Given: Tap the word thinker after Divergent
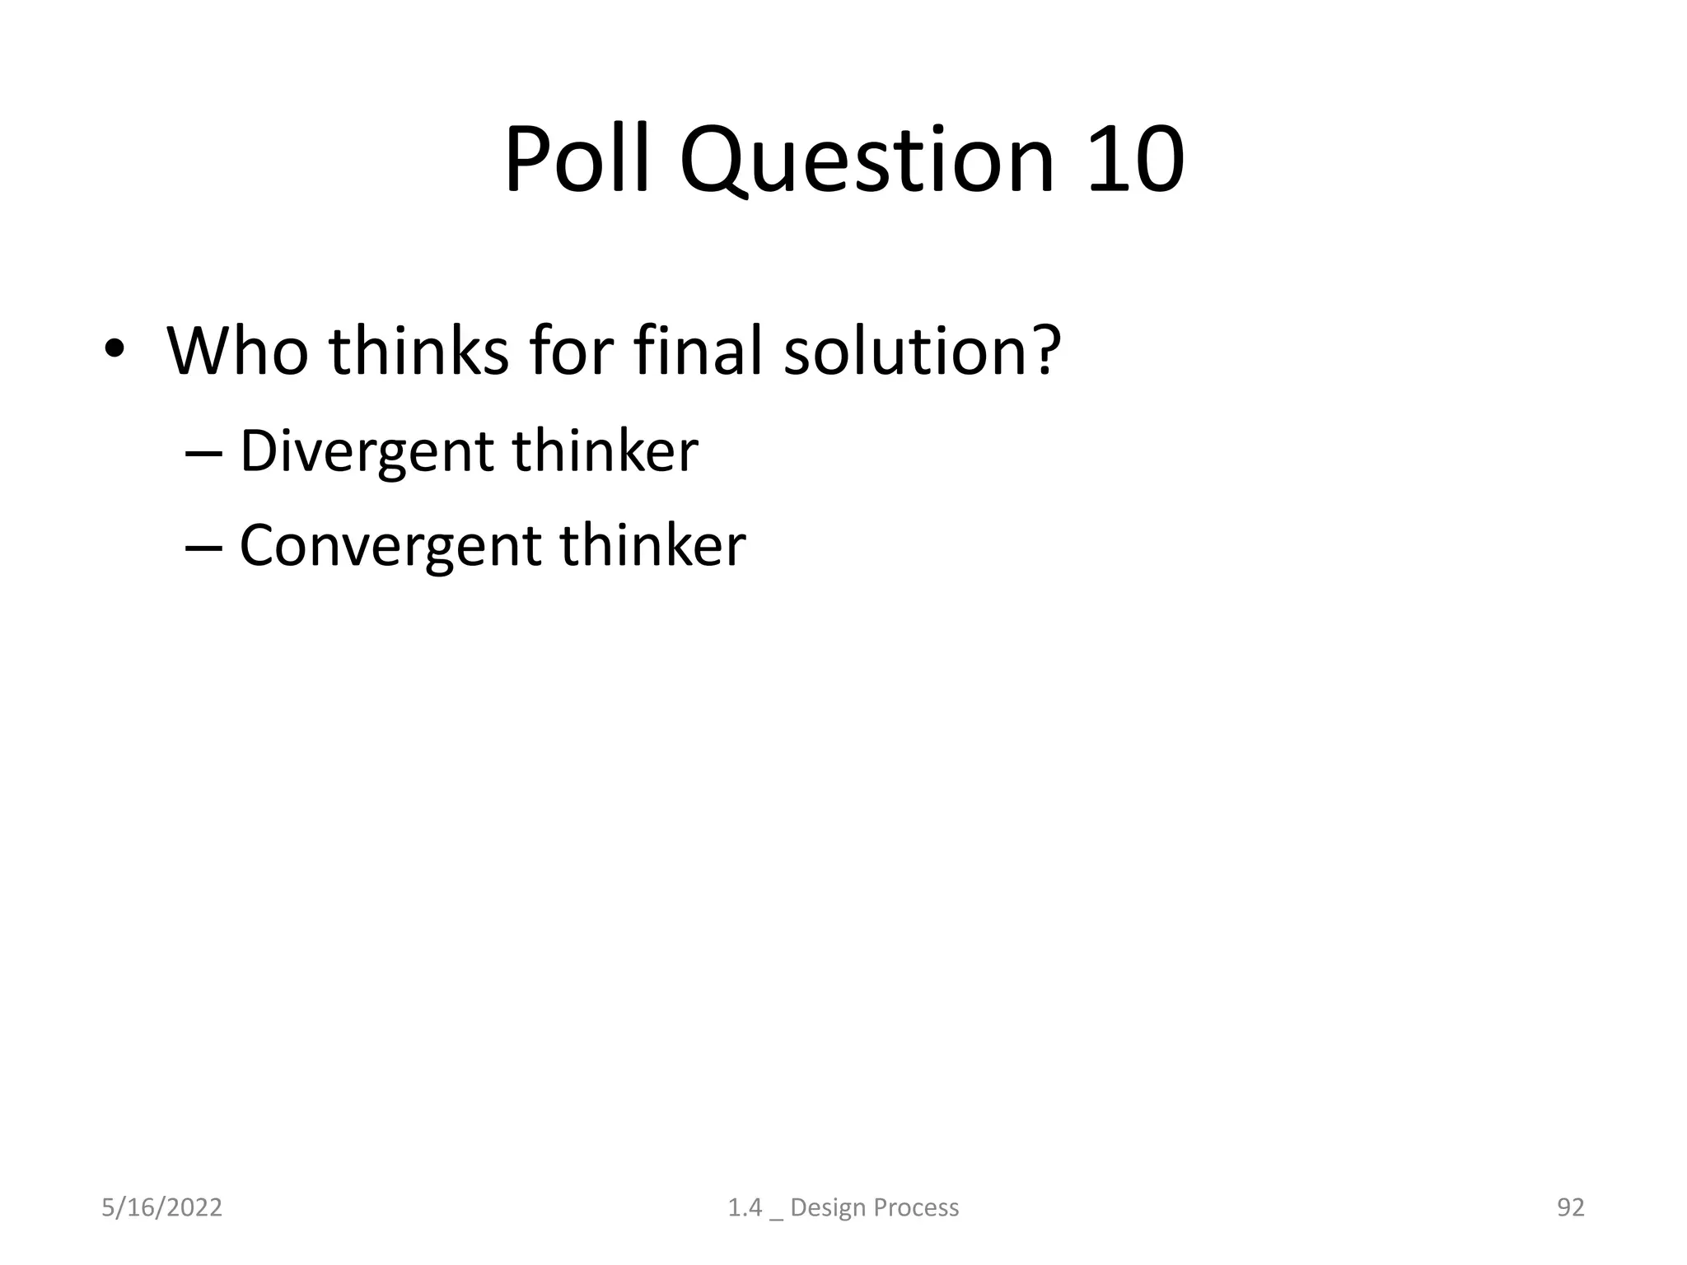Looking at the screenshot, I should tap(605, 451).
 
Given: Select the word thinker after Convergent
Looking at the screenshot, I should tap(653, 546).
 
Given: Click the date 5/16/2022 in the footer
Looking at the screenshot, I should tap(161, 1207).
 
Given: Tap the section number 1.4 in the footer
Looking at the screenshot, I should tap(745, 1207).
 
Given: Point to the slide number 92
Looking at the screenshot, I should tap(1570, 1207).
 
